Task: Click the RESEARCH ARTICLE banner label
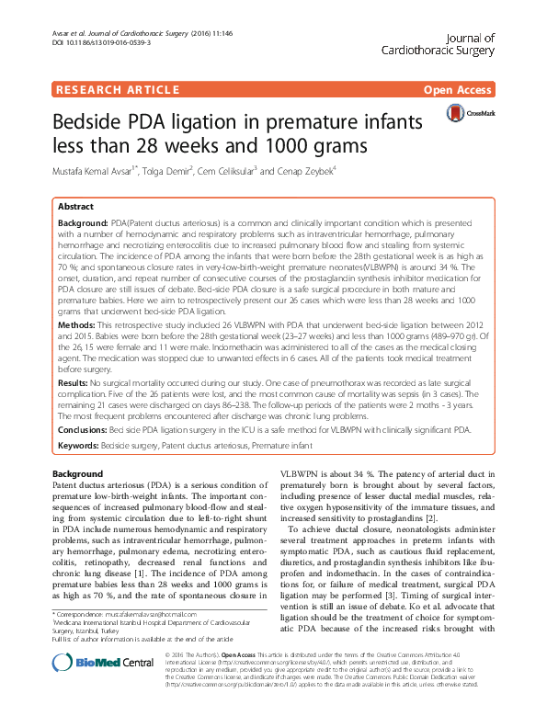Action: coord(117,89)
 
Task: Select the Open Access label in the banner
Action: coord(458,89)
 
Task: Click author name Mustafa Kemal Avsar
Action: coord(102,172)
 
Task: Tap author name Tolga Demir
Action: coord(164,172)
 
